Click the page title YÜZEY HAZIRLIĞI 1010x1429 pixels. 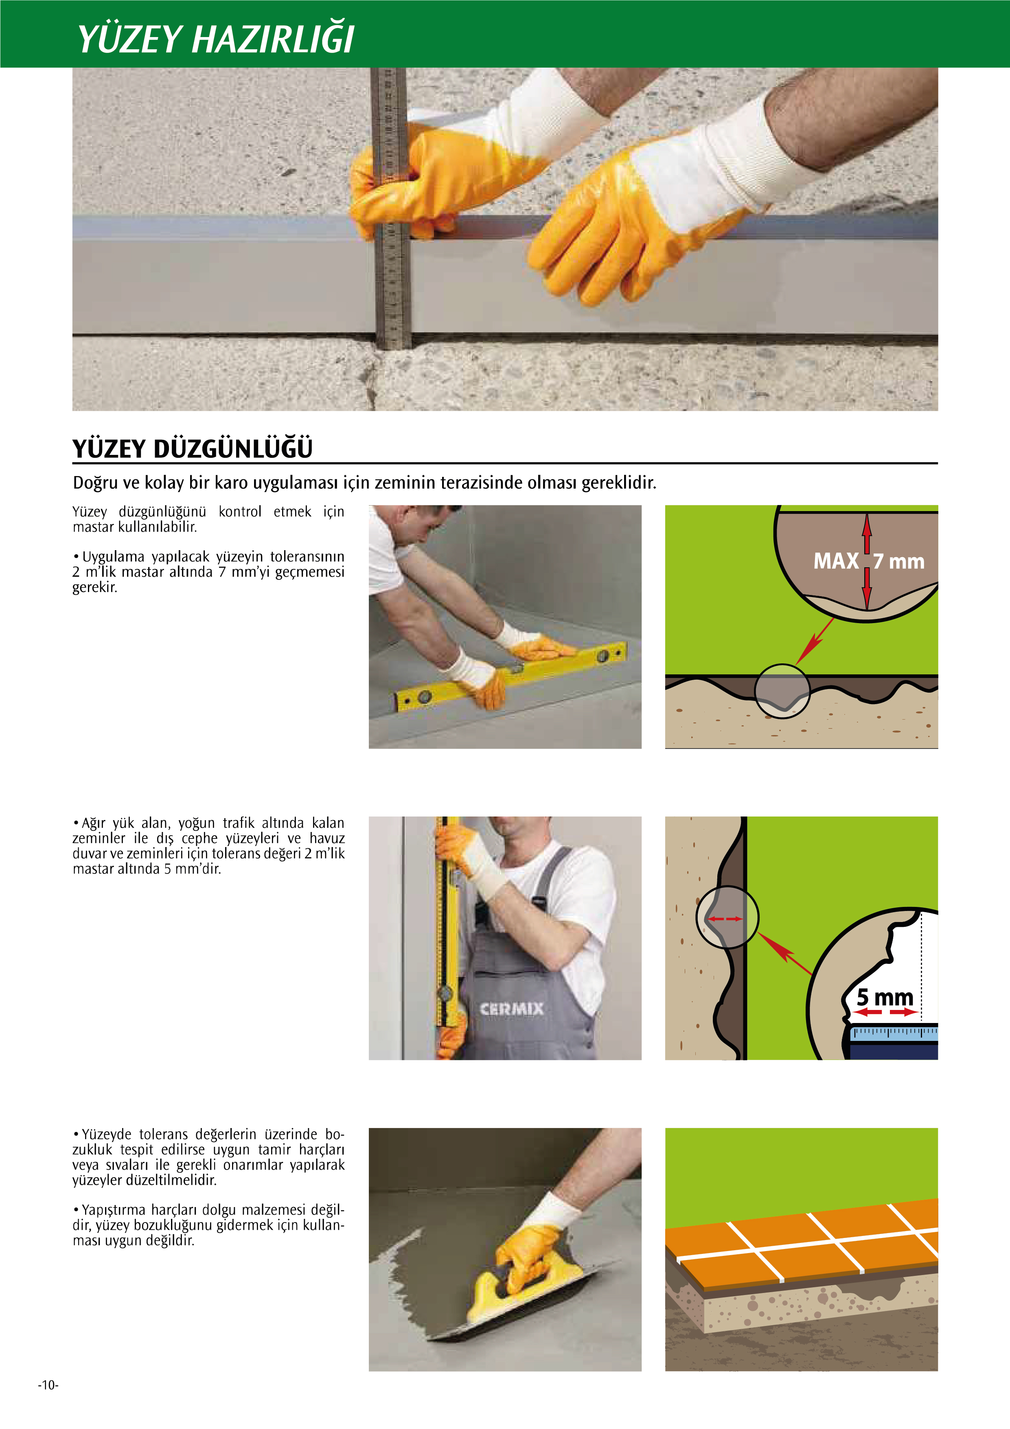click(x=215, y=39)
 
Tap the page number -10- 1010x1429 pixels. click(x=48, y=1385)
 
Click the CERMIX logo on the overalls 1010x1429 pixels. click(x=512, y=1008)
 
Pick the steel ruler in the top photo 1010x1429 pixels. click(x=390, y=209)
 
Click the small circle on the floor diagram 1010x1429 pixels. click(x=782, y=691)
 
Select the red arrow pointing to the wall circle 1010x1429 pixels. click(x=785, y=953)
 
